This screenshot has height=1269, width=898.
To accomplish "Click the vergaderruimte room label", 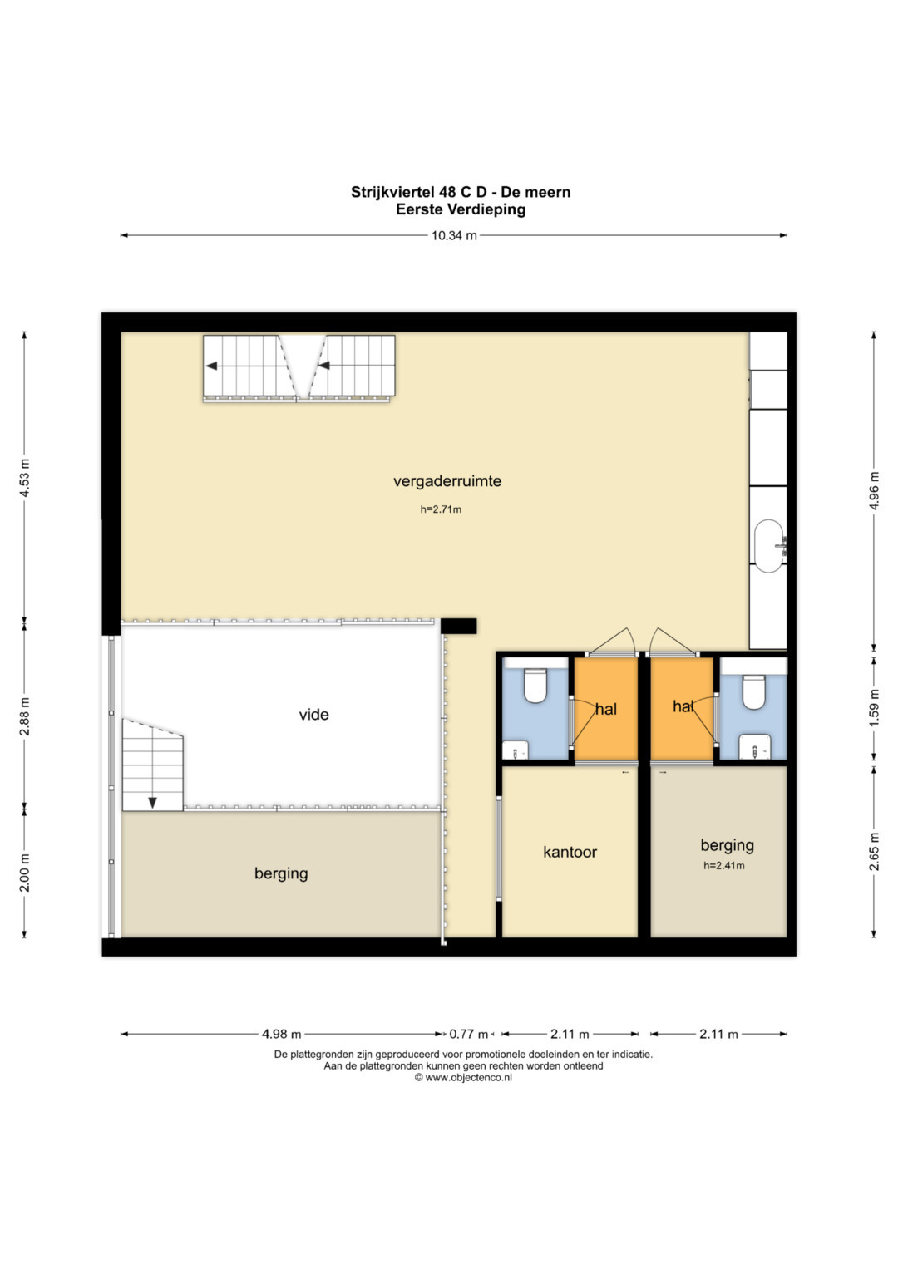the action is pyautogui.click(x=447, y=481).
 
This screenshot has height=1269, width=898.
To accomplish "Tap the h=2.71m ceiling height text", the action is pyautogui.click(x=441, y=509).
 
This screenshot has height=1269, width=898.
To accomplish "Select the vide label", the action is pyautogui.click(x=313, y=715).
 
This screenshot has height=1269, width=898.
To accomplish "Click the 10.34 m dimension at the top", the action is pyautogui.click(x=454, y=236).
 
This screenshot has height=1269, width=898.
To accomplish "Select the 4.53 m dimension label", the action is pyautogui.click(x=24, y=477).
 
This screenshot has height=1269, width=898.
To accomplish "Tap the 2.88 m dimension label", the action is pyautogui.click(x=24, y=716).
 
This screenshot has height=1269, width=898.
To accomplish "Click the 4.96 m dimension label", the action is pyautogui.click(x=874, y=490).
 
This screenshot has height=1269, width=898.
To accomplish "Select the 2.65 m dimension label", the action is pyautogui.click(x=874, y=852).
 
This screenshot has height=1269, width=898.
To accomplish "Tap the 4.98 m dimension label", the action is pyautogui.click(x=281, y=1035).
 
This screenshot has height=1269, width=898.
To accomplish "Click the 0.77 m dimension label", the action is pyautogui.click(x=468, y=1035).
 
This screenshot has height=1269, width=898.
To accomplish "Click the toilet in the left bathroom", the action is pyautogui.click(x=535, y=685).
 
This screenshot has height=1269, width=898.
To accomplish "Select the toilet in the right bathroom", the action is pyautogui.click(x=753, y=691).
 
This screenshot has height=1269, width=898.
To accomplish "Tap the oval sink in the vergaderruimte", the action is pyautogui.click(x=769, y=547).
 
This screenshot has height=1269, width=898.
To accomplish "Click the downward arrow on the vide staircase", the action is pyautogui.click(x=152, y=802).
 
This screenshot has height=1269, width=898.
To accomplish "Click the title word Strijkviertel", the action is pyautogui.click(x=392, y=193).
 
